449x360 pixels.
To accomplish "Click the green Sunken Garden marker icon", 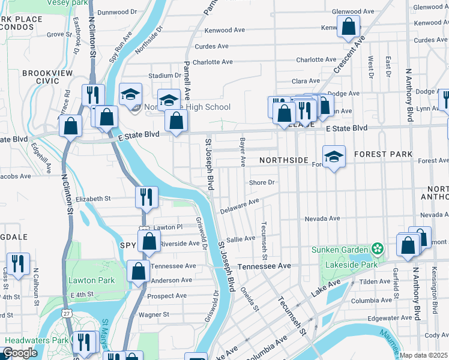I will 377,249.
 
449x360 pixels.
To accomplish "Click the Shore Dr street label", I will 262,182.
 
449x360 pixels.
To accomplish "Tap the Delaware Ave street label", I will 239,206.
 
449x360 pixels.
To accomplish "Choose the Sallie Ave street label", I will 241,239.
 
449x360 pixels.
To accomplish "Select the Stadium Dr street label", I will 164,76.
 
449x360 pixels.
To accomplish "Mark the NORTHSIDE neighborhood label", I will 283,161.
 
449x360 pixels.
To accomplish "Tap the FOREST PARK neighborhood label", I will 383,154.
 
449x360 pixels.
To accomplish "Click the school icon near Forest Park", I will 334,157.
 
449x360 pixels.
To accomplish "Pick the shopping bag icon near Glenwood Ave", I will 348,26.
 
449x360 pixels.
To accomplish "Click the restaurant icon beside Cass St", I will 18,263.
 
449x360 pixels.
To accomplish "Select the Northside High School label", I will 192,107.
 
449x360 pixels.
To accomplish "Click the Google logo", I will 20,353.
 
